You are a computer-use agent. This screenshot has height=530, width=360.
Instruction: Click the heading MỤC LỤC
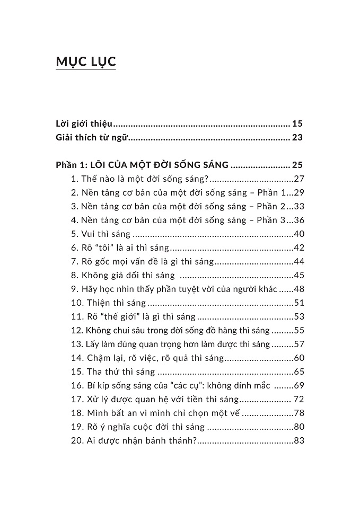point(85,61)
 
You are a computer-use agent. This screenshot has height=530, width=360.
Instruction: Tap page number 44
point(298,262)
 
